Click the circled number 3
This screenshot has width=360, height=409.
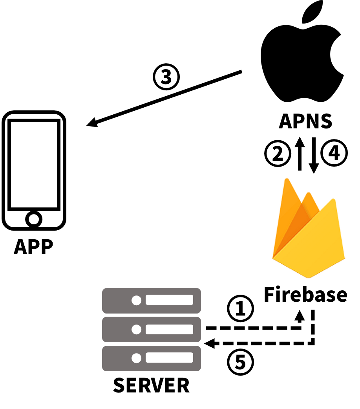(x=166, y=77)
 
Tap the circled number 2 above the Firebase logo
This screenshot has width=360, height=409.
(x=278, y=153)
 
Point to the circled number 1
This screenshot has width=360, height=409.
(x=240, y=308)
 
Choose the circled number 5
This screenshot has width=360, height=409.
(x=240, y=362)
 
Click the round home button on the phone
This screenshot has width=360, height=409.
(x=34, y=219)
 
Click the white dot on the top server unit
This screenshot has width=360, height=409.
(x=136, y=300)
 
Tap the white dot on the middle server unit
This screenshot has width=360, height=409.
(x=136, y=329)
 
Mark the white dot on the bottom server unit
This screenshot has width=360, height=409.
(x=136, y=358)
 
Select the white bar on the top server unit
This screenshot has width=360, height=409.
(x=169, y=300)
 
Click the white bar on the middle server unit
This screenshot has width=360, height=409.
(x=169, y=329)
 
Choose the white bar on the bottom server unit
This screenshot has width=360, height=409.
(x=169, y=358)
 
